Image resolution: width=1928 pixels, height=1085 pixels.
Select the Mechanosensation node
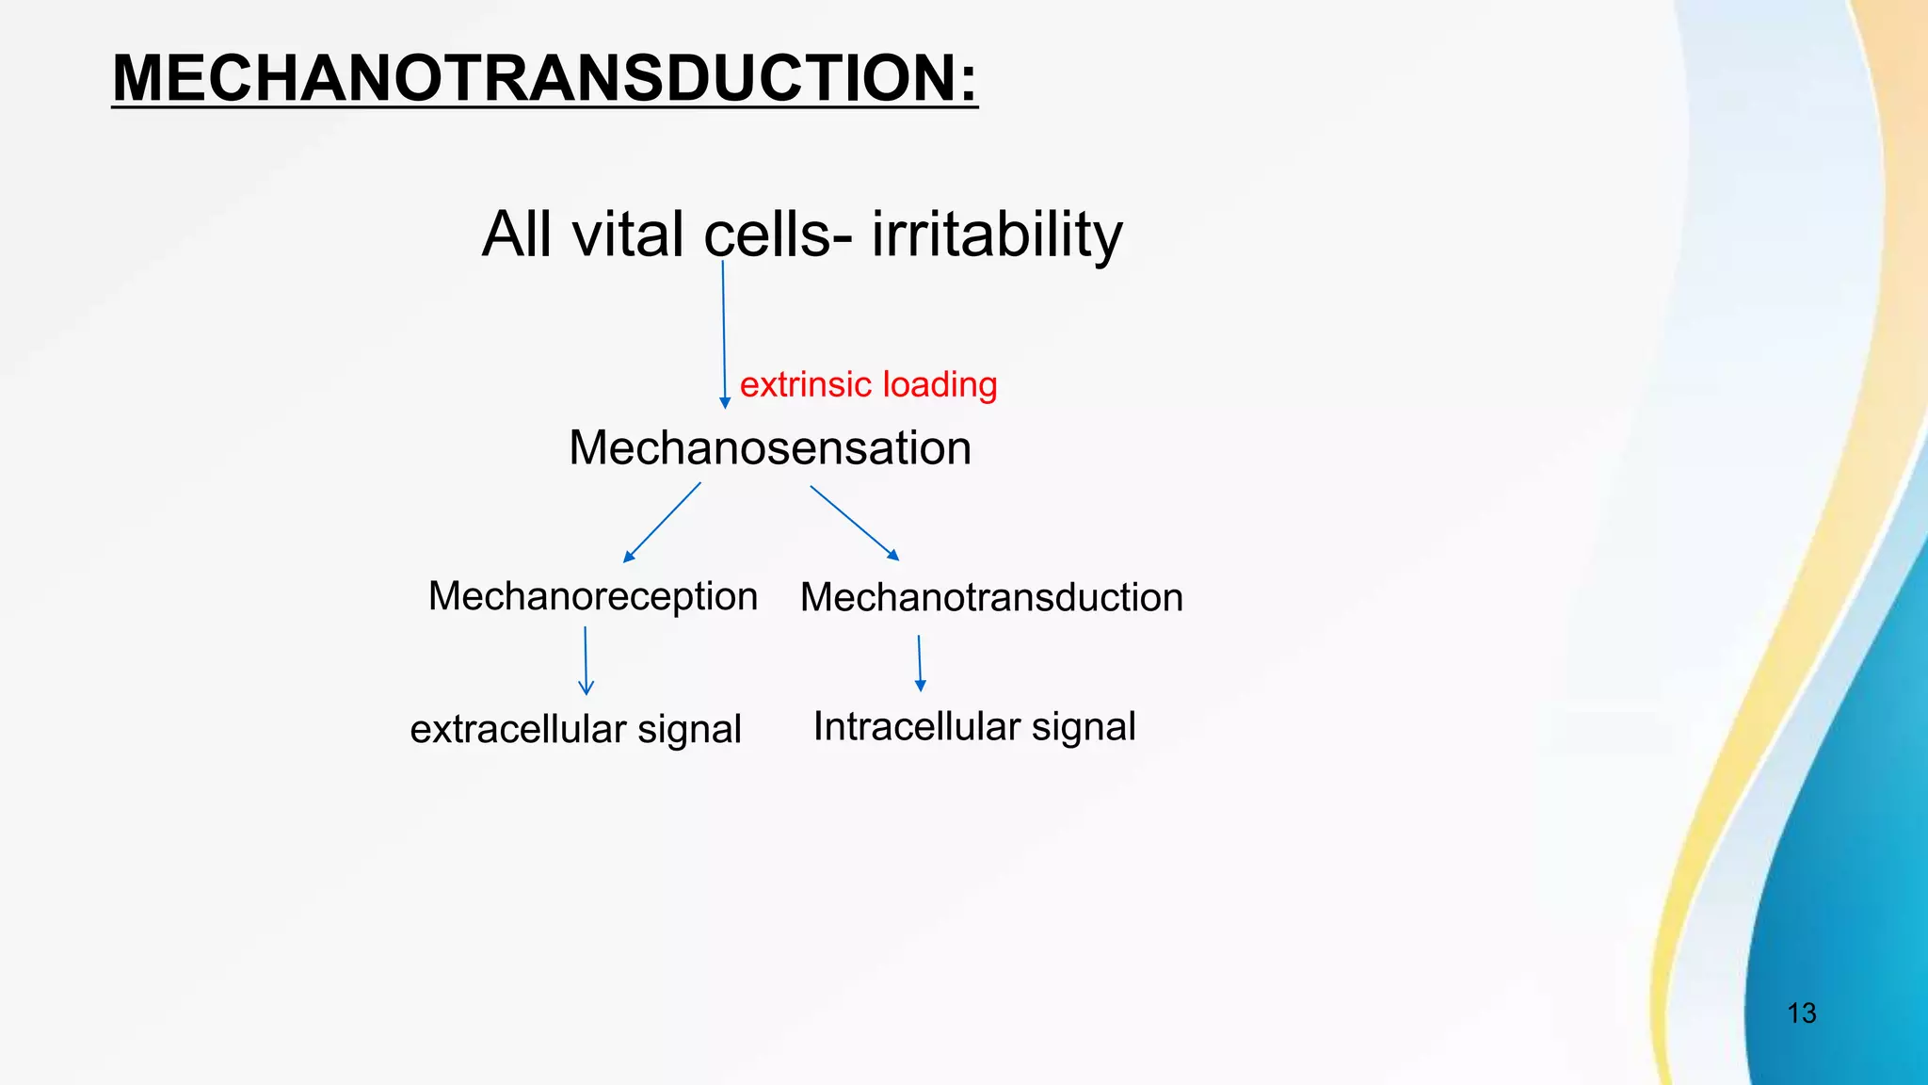[770, 447]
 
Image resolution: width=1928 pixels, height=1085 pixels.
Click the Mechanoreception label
[593, 596]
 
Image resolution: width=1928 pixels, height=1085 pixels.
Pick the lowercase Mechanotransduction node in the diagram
[991, 597]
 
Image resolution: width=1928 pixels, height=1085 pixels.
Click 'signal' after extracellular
[689, 730]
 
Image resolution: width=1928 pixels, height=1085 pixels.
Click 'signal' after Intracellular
[1084, 726]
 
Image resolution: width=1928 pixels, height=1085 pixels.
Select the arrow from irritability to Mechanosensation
[724, 334]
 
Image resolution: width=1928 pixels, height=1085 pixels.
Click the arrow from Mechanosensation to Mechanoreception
[662, 523]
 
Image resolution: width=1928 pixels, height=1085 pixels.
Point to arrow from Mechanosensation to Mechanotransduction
[855, 523]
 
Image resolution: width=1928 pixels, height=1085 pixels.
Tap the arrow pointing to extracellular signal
[586, 661]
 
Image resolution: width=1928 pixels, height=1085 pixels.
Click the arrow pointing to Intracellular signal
[920, 664]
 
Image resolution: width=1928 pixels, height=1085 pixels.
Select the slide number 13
[1801, 1013]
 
